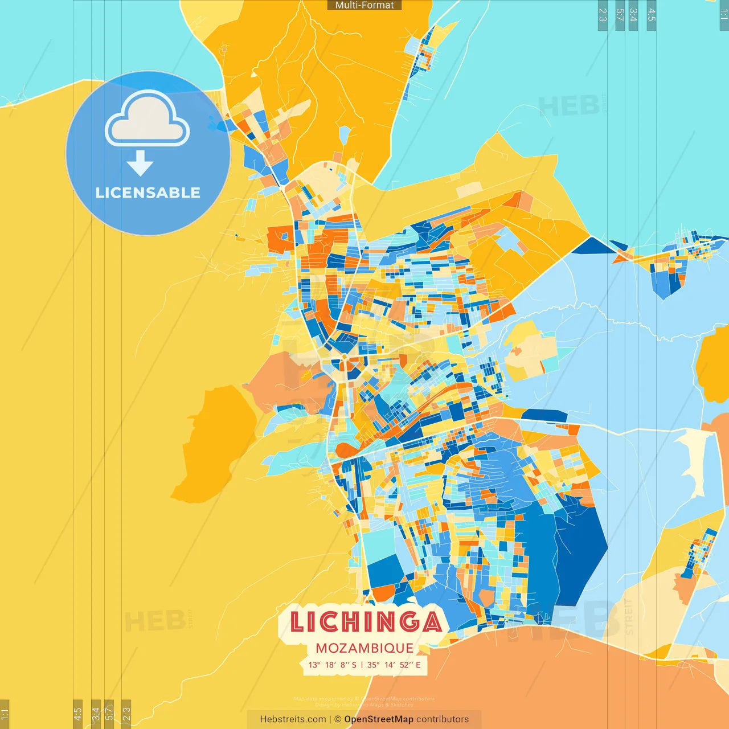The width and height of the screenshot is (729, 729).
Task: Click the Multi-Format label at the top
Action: click(x=364, y=5)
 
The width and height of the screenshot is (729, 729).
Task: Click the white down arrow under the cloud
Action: click(x=140, y=163)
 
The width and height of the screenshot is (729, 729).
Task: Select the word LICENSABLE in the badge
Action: click(x=148, y=193)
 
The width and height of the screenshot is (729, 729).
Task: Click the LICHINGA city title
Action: click(x=366, y=622)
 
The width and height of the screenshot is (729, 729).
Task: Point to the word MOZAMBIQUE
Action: click(x=364, y=648)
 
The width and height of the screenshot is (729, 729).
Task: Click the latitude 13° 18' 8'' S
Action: click(x=332, y=665)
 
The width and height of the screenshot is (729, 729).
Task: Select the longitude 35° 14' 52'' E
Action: click(x=394, y=665)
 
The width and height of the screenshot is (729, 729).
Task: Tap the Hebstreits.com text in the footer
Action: click(x=293, y=719)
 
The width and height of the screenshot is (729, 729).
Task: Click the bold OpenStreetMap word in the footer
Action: click(x=379, y=719)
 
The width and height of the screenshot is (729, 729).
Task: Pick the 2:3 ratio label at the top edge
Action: click(x=603, y=15)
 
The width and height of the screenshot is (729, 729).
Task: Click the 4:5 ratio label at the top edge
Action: click(x=652, y=15)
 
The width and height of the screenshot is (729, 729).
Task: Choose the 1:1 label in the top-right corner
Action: click(x=724, y=15)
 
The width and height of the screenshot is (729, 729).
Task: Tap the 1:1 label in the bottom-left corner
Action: click(x=5, y=714)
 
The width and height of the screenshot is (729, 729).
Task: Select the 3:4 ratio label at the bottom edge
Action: click(x=96, y=714)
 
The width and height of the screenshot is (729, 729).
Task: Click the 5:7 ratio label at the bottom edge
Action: click(x=109, y=714)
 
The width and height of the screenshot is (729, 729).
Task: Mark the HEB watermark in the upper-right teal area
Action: click(x=570, y=107)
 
